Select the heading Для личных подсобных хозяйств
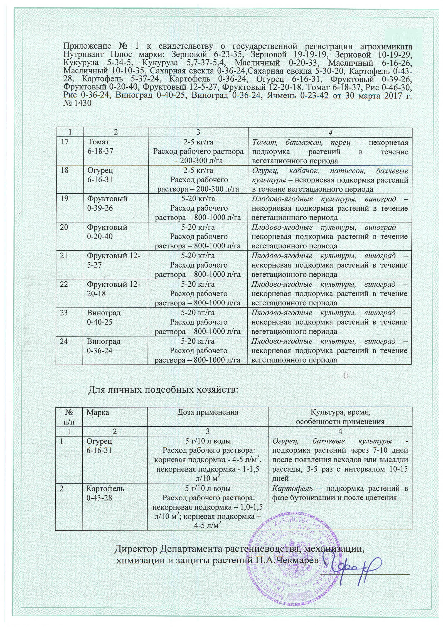163,390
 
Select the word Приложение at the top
87,46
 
